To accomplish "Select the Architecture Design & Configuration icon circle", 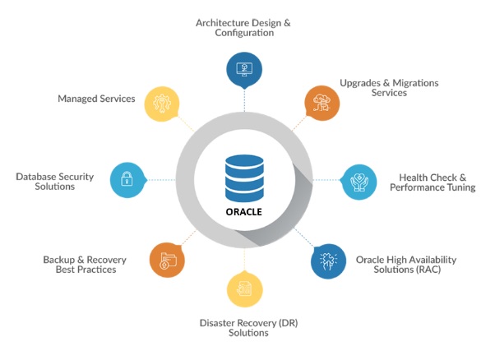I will point(243,69).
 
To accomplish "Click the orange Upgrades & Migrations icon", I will point(320,103).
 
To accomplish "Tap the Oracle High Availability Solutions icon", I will point(327,260).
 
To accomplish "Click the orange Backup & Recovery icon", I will point(167,260).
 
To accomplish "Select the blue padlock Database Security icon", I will point(127,178).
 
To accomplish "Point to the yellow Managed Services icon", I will point(161,104).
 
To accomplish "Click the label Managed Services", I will point(96,99).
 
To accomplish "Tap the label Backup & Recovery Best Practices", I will point(79,264).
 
